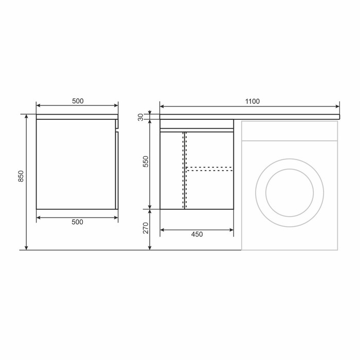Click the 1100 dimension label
[x=253, y=101]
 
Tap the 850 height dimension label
[x=21, y=176]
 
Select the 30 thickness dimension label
[x=141, y=117]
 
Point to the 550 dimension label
[x=146, y=161]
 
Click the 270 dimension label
[x=146, y=228]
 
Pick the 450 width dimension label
[x=197, y=234]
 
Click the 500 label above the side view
[x=78, y=101]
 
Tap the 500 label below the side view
[x=77, y=222]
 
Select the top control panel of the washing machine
[x=290, y=131]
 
